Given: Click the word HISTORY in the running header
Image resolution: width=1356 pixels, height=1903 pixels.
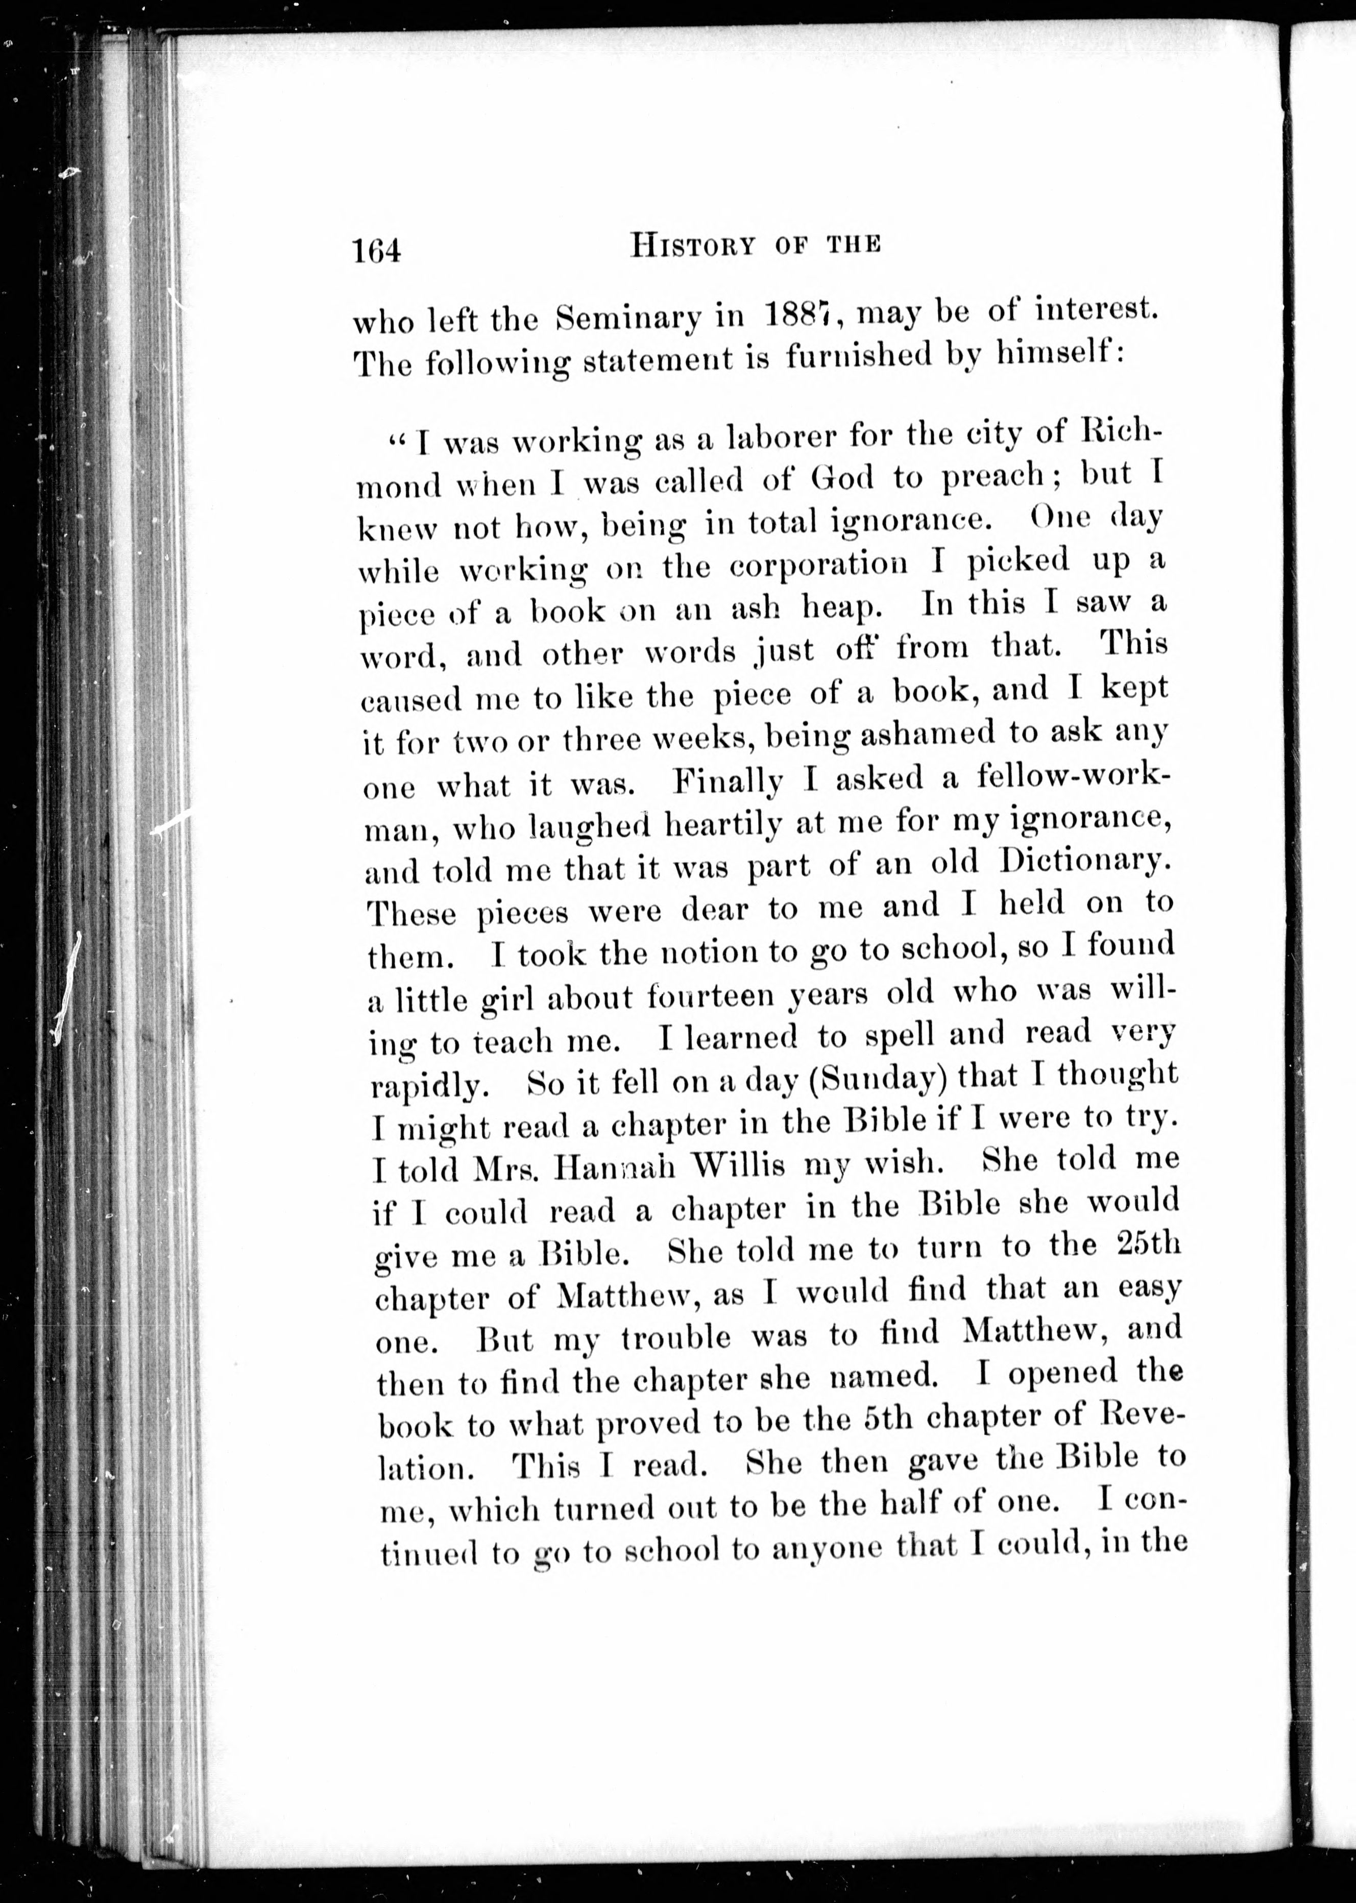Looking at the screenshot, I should point(693,246).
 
